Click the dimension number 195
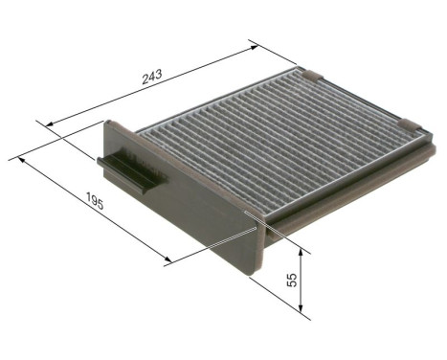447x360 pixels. pyautogui.click(x=93, y=203)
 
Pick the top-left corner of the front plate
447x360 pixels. pyautogui.click(x=107, y=122)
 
